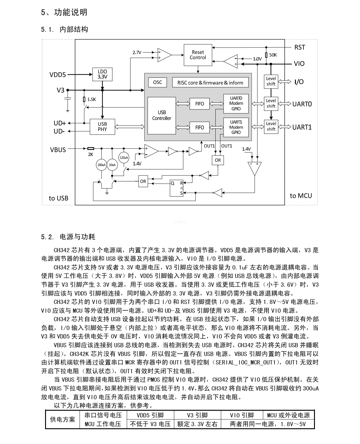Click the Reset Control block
point(198,55)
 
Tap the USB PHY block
point(102,127)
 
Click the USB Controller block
point(162,115)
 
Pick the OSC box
point(157,82)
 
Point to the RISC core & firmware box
point(210,83)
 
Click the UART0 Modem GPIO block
point(236,103)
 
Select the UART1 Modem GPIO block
point(236,127)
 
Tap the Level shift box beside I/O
point(271,81)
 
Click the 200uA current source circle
point(101,165)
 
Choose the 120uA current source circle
point(124,158)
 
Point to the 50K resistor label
point(273,55)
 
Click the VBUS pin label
point(58,150)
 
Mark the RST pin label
point(299,47)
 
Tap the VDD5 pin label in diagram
point(57,74)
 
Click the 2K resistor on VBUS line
point(90,149)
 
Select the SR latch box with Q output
point(176,188)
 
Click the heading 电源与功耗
point(78,237)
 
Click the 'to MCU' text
point(301,196)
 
